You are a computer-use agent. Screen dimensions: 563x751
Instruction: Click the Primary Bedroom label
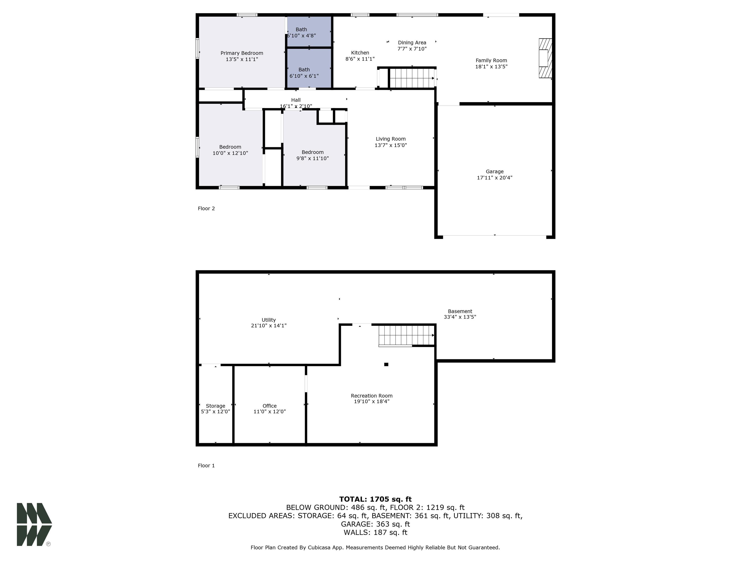pyautogui.click(x=242, y=53)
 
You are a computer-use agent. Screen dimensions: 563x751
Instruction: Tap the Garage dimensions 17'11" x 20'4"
pyautogui.click(x=494, y=177)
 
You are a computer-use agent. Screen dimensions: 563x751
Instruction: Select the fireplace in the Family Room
pyautogui.click(x=545, y=58)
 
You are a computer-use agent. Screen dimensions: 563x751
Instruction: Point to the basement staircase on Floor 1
pyautogui.click(x=406, y=335)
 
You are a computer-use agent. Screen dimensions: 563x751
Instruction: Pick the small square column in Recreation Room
pyautogui.click(x=386, y=365)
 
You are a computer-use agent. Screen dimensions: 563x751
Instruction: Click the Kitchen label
pyautogui.click(x=360, y=53)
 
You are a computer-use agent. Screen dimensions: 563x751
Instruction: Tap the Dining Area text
pyautogui.click(x=412, y=43)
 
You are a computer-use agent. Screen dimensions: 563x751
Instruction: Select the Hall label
pyautogui.click(x=296, y=100)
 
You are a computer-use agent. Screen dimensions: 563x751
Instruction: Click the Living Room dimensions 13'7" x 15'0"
pyautogui.click(x=390, y=145)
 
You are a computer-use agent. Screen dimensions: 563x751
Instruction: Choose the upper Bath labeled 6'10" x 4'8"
pyautogui.click(x=301, y=32)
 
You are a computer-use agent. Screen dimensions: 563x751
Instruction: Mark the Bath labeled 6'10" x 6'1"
pyautogui.click(x=304, y=73)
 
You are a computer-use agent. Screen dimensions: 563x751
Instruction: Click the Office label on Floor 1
pyautogui.click(x=270, y=406)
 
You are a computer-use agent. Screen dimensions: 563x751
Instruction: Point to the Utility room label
pyautogui.click(x=269, y=320)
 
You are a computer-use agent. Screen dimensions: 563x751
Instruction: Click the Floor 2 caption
pyautogui.click(x=206, y=208)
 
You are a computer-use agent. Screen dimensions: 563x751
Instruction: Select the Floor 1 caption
pyautogui.click(x=206, y=466)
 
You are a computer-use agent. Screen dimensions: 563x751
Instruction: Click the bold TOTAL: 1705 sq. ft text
pyautogui.click(x=375, y=499)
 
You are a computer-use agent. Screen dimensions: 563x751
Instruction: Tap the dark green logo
pyautogui.click(x=34, y=524)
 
